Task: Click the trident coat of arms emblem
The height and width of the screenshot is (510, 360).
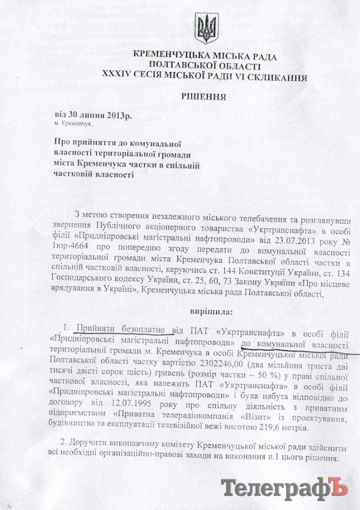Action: [206, 28]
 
